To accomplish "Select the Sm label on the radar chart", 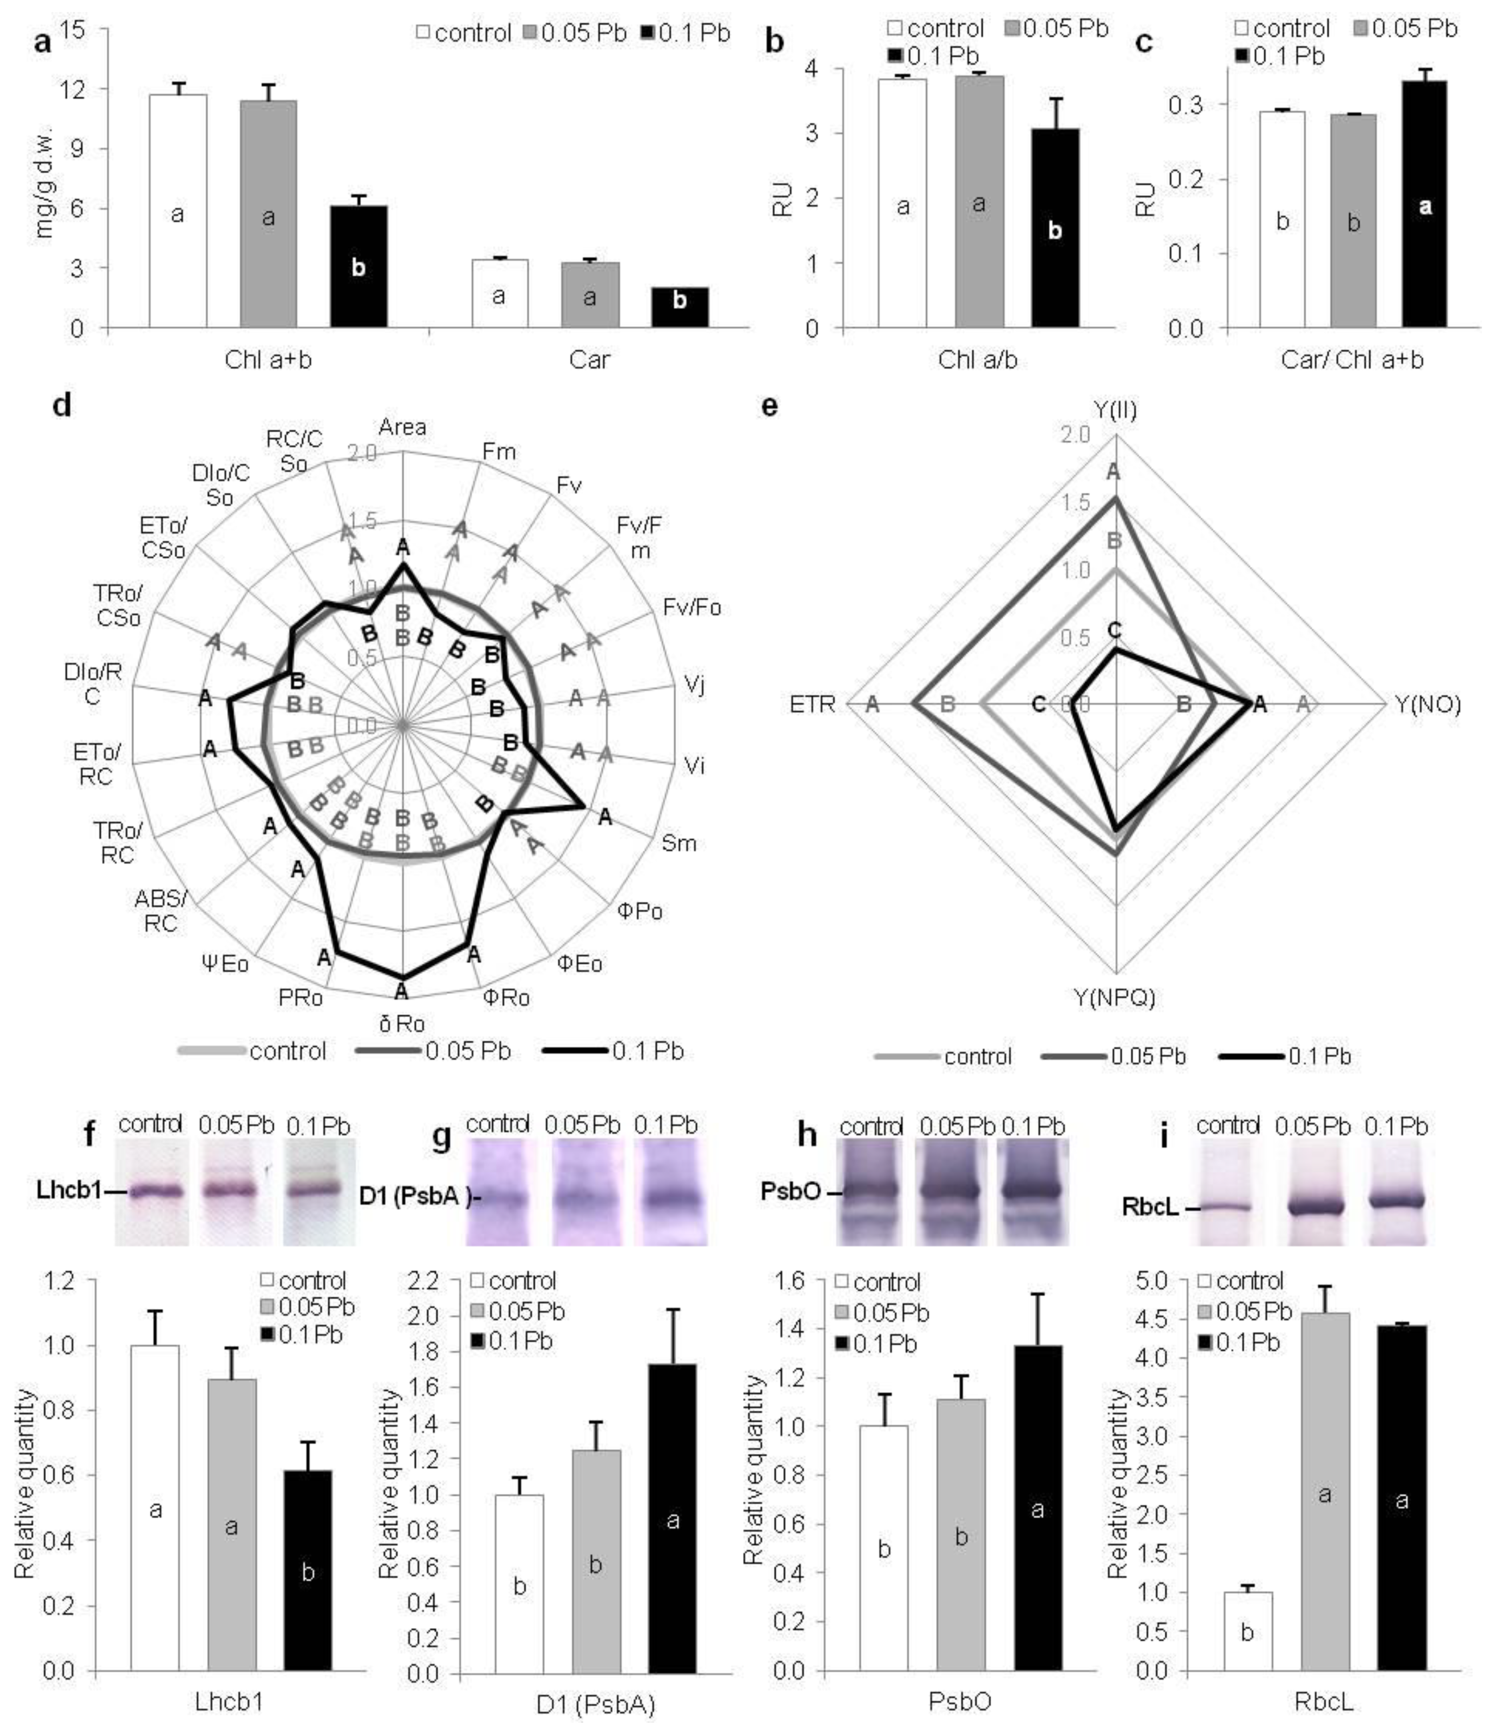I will click(x=679, y=843).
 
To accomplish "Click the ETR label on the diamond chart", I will click(x=813, y=705).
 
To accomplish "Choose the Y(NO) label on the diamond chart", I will click(x=1428, y=705).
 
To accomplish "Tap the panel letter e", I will click(x=770, y=407).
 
